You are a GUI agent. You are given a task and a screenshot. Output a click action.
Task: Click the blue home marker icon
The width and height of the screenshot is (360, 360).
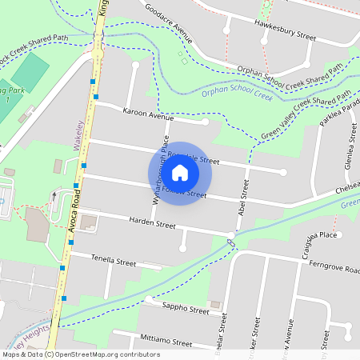click(x=180, y=173)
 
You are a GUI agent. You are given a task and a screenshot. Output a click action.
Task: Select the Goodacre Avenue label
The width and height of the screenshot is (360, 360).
click(x=169, y=22)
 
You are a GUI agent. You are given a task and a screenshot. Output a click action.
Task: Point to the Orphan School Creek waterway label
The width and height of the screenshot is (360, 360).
click(x=238, y=94)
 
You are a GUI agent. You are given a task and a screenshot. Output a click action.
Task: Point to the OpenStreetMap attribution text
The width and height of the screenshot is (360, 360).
click(x=70, y=354)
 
